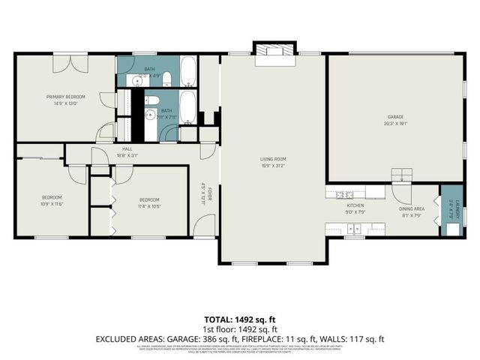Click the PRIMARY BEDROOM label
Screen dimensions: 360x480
(x=65, y=97)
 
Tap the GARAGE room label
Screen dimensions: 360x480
(x=395, y=117)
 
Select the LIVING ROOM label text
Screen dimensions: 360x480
(x=273, y=159)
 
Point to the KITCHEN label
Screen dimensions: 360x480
(x=355, y=205)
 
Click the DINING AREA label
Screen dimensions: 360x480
(x=412, y=208)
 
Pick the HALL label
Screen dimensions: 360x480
(x=127, y=149)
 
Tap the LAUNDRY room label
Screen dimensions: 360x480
(x=450, y=202)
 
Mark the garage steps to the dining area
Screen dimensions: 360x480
(x=403, y=175)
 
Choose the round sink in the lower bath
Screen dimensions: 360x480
(x=150, y=115)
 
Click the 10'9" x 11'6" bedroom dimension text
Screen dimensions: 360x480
(x=51, y=204)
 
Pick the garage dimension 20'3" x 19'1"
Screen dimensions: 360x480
(x=395, y=124)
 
